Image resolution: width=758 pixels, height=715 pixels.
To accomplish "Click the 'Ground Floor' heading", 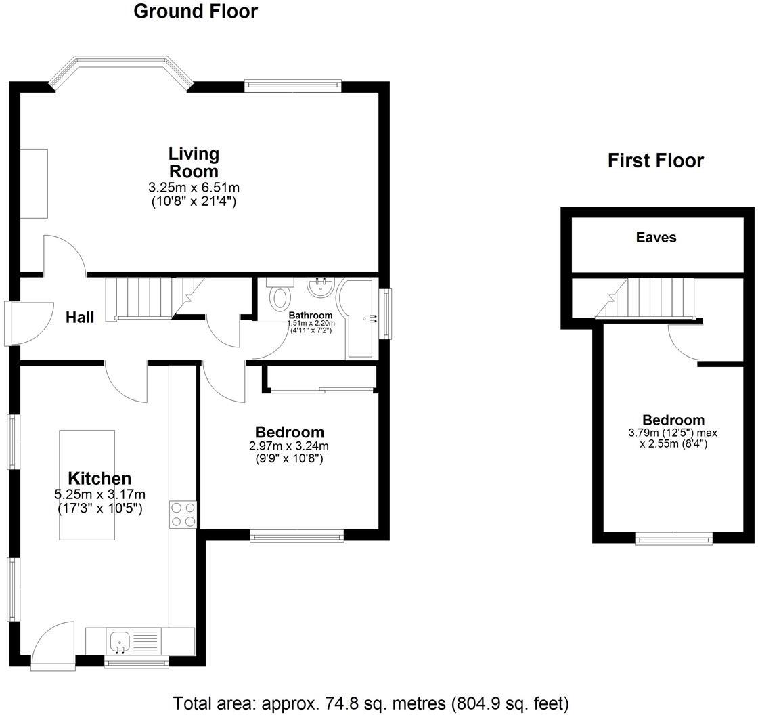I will pyautogui.click(x=196, y=12).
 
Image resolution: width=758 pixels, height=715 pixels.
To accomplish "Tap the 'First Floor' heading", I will pyautogui.click(x=655, y=160).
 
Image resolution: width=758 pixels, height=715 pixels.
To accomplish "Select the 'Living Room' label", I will pyautogui.click(x=194, y=162).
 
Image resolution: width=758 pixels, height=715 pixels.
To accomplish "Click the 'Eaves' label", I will pyautogui.click(x=656, y=238).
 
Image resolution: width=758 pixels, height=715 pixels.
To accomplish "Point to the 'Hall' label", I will pyautogui.click(x=80, y=317).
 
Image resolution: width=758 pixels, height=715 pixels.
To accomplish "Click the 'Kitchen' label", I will pyautogui.click(x=99, y=479).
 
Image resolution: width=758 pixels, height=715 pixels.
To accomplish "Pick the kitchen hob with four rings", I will pyautogui.click(x=183, y=514).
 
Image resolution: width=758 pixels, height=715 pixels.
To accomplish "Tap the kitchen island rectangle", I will pyautogui.click(x=87, y=484).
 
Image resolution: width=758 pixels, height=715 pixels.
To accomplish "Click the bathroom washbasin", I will pyautogui.click(x=319, y=288).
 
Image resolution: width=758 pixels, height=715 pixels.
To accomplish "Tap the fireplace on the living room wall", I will pyautogui.click(x=34, y=183).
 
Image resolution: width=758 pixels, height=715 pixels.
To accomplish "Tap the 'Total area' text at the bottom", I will pyautogui.click(x=371, y=703).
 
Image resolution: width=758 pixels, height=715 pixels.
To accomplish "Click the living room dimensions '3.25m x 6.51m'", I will pyautogui.click(x=194, y=188).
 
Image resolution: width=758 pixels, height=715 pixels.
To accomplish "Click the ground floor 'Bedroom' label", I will pyautogui.click(x=289, y=432).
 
